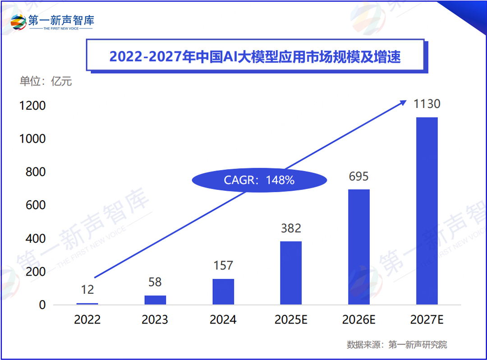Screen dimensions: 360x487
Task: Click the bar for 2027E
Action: (x=427, y=211)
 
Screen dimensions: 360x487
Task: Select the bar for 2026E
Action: (x=359, y=247)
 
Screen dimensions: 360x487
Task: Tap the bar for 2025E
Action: (x=291, y=273)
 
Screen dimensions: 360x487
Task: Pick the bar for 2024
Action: (x=223, y=291)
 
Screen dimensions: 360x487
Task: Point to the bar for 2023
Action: (x=155, y=300)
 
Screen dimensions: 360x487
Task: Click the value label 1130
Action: (x=427, y=104)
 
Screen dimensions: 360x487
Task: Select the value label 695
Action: (x=359, y=176)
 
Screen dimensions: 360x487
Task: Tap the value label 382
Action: (x=291, y=228)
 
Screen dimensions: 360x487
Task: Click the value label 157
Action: (x=223, y=265)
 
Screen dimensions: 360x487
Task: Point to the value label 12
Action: (x=87, y=289)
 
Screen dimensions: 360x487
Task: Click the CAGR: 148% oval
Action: (x=259, y=180)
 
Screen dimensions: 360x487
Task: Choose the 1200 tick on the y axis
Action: (x=32, y=106)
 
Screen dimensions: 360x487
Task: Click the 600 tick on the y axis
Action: (x=36, y=205)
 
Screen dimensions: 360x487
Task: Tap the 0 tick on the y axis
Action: (x=42, y=305)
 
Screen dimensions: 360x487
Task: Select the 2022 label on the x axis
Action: (x=87, y=320)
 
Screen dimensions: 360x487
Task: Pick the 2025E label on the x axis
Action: (x=291, y=320)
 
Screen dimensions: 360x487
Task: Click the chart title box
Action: (x=255, y=56)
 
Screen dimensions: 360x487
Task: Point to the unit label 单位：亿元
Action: (x=46, y=82)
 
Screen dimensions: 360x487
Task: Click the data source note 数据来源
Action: (x=397, y=345)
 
